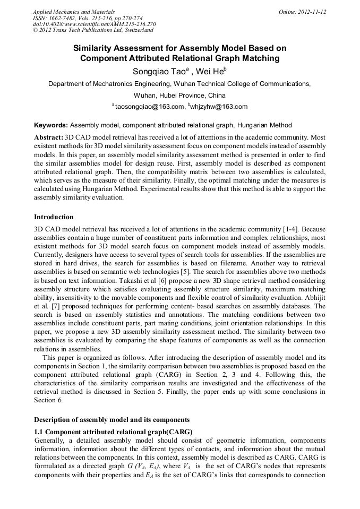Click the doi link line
(x=94, y=24)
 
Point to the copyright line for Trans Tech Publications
(x=92, y=30)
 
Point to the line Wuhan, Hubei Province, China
(x=179, y=96)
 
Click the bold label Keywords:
(x=51, y=125)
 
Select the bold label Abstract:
(x=49, y=137)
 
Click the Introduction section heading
(x=54, y=217)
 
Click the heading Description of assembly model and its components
(x=112, y=420)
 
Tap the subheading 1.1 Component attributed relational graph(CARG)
(x=113, y=431)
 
